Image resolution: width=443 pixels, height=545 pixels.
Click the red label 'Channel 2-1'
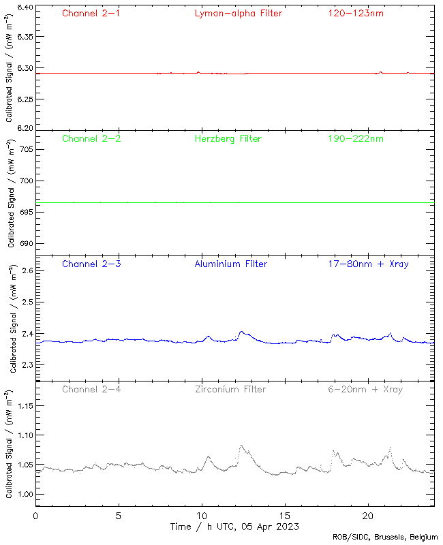(x=91, y=14)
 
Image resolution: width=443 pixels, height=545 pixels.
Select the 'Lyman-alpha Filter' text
(x=239, y=14)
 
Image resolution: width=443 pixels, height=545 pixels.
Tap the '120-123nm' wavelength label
(x=356, y=14)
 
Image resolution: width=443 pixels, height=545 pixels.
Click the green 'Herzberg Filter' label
(x=228, y=139)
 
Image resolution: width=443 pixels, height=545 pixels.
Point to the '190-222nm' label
(x=356, y=139)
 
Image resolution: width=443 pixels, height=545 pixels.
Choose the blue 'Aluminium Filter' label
(x=231, y=264)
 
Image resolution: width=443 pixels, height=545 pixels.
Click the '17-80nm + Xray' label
(x=369, y=264)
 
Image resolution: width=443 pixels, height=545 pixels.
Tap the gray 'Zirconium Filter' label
(x=230, y=390)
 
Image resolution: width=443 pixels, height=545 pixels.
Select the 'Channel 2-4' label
(x=91, y=390)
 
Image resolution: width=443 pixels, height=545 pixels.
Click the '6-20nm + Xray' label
(x=365, y=390)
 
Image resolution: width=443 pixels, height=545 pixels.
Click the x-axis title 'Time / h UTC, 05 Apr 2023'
(x=234, y=527)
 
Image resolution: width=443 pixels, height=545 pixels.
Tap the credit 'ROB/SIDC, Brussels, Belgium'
(x=385, y=538)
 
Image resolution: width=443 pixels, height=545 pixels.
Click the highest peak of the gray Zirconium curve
(x=241, y=446)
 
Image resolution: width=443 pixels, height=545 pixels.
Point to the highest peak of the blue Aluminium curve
(x=241, y=332)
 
